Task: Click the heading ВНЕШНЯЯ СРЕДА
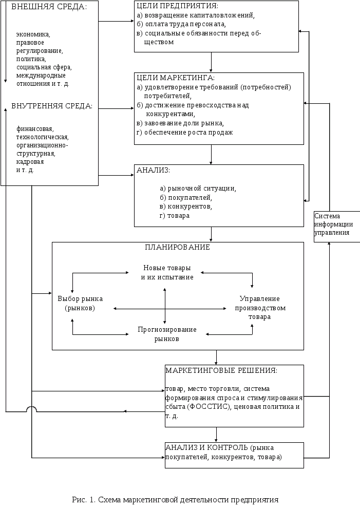coord(49,7)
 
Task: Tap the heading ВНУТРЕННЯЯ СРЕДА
coord(52,106)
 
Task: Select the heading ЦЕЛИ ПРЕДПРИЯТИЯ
coord(177,6)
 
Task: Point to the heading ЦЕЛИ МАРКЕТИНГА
coord(176,78)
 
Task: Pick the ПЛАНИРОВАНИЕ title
coord(177,247)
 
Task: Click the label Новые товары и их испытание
coord(167,272)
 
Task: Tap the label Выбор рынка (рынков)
coord(80,303)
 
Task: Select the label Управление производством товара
coord(260,308)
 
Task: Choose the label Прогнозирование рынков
coord(167,334)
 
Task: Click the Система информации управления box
coord(336,227)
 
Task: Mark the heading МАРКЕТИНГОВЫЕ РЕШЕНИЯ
coord(221,370)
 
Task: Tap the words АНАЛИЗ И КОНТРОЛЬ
coord(207,448)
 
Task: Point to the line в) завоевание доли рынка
coord(180,123)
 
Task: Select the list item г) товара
coord(175,216)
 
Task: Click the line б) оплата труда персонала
coord(181,24)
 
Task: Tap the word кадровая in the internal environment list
coord(30,162)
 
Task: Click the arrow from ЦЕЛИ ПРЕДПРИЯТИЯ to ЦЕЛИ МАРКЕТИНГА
coord(211,62)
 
